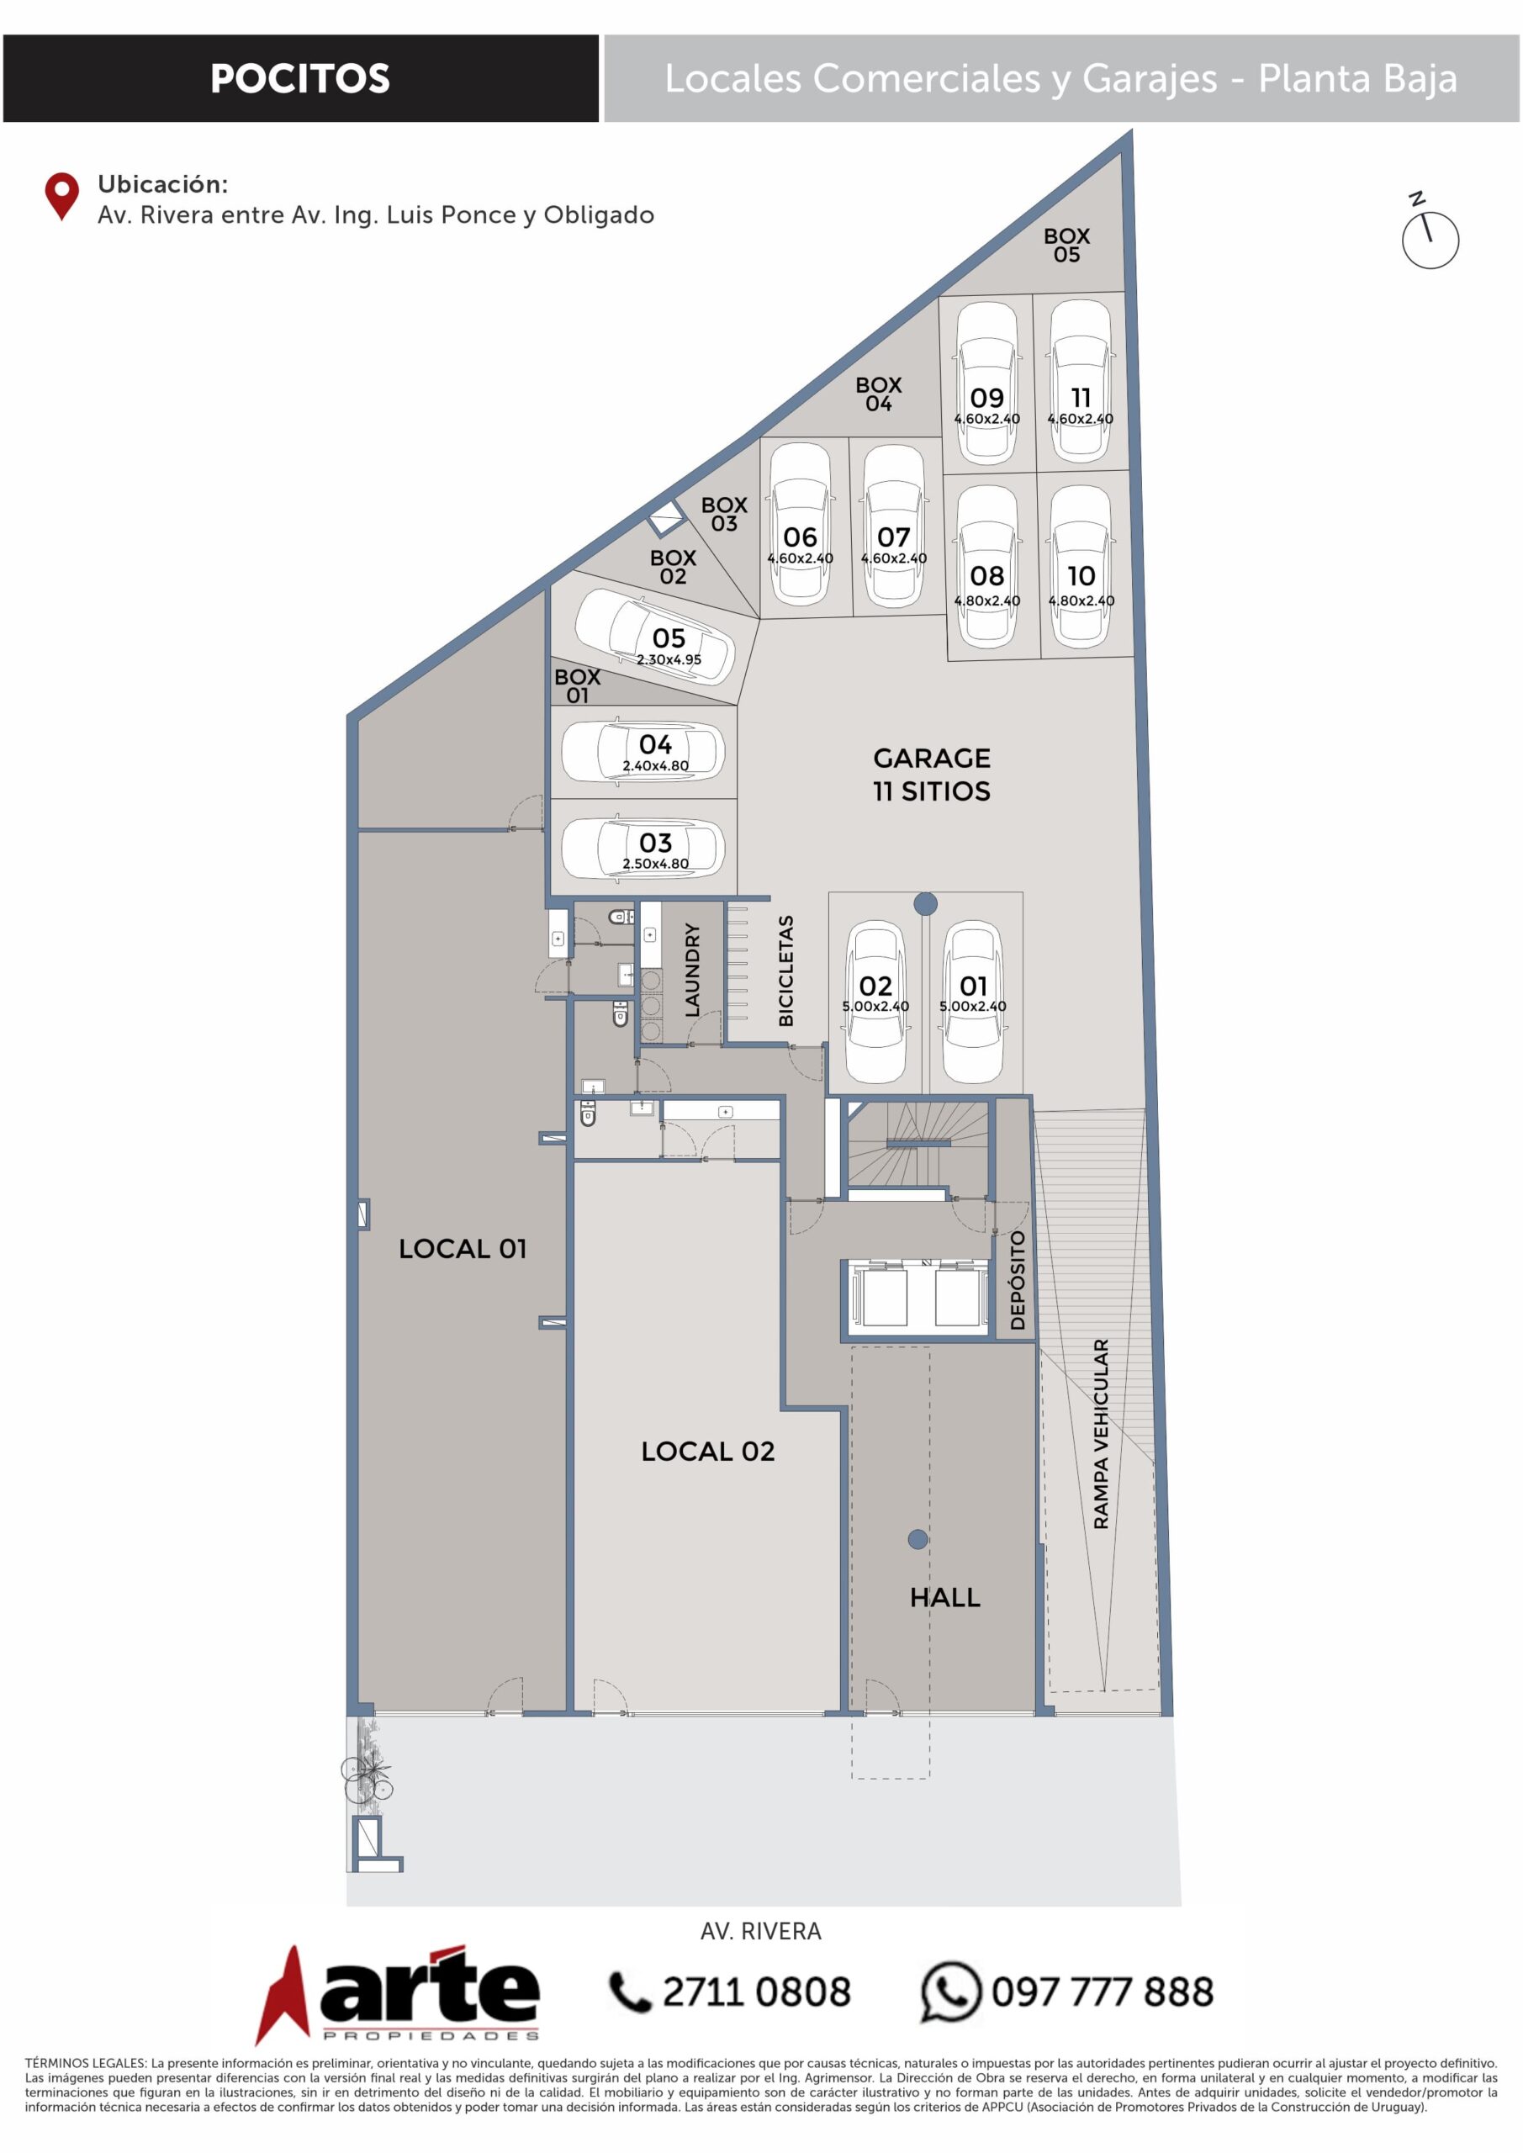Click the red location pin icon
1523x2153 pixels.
pyautogui.click(x=62, y=195)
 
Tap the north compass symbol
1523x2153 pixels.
pyautogui.click(x=1429, y=233)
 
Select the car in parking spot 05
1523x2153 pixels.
pyautogui.click(x=653, y=637)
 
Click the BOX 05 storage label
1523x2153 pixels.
pyautogui.click(x=1066, y=246)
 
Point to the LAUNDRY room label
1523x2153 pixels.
pyautogui.click(x=692, y=970)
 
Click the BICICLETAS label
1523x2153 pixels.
pyautogui.click(x=785, y=971)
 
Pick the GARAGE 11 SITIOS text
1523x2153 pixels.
pyautogui.click(x=931, y=774)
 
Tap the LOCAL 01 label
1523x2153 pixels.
pyautogui.click(x=463, y=1248)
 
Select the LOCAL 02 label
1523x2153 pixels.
pyautogui.click(x=708, y=1451)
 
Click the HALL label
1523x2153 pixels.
pyautogui.click(x=944, y=1597)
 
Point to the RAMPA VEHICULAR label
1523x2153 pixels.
pyautogui.click(x=1101, y=1434)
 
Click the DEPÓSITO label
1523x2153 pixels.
pyautogui.click(x=1018, y=1280)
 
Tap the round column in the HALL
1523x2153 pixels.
pyautogui.click(x=918, y=1539)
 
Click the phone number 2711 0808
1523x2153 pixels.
pyautogui.click(x=756, y=1992)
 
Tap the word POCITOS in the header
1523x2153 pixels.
pyautogui.click(x=300, y=79)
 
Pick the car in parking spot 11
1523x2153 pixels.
pyautogui.click(x=1081, y=381)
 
